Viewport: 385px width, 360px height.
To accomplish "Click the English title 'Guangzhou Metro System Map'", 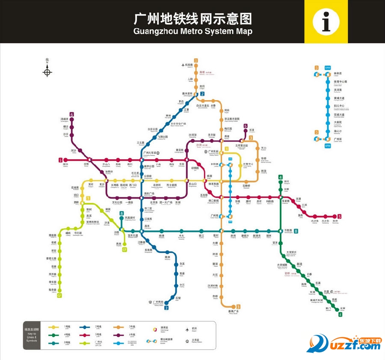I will (x=193, y=31).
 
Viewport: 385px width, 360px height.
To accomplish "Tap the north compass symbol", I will (x=47, y=71).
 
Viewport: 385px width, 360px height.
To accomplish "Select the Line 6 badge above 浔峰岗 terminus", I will (x=71, y=114).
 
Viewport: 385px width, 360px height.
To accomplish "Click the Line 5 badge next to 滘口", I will (x=60, y=160).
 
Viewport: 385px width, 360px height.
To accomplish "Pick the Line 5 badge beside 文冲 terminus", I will (x=339, y=216).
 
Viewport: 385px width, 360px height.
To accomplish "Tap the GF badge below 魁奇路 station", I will (x=59, y=295).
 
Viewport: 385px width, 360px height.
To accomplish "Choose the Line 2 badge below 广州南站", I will (x=166, y=307).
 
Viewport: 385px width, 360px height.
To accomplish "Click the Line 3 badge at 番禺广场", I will (x=238, y=306).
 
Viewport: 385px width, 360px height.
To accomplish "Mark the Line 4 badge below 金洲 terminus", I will (x=341, y=315).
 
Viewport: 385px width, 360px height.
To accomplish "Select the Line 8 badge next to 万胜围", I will (x=296, y=231).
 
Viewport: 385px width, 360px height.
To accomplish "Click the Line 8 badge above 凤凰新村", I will (x=121, y=213).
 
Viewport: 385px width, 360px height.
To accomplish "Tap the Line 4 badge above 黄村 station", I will (x=281, y=178).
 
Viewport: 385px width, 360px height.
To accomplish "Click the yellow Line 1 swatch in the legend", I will (x=55, y=327).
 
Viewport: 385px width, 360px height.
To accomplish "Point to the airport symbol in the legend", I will (x=187, y=330).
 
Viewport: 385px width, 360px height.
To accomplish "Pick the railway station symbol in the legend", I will (x=187, y=341).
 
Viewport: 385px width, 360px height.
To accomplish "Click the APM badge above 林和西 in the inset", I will (x=328, y=68).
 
